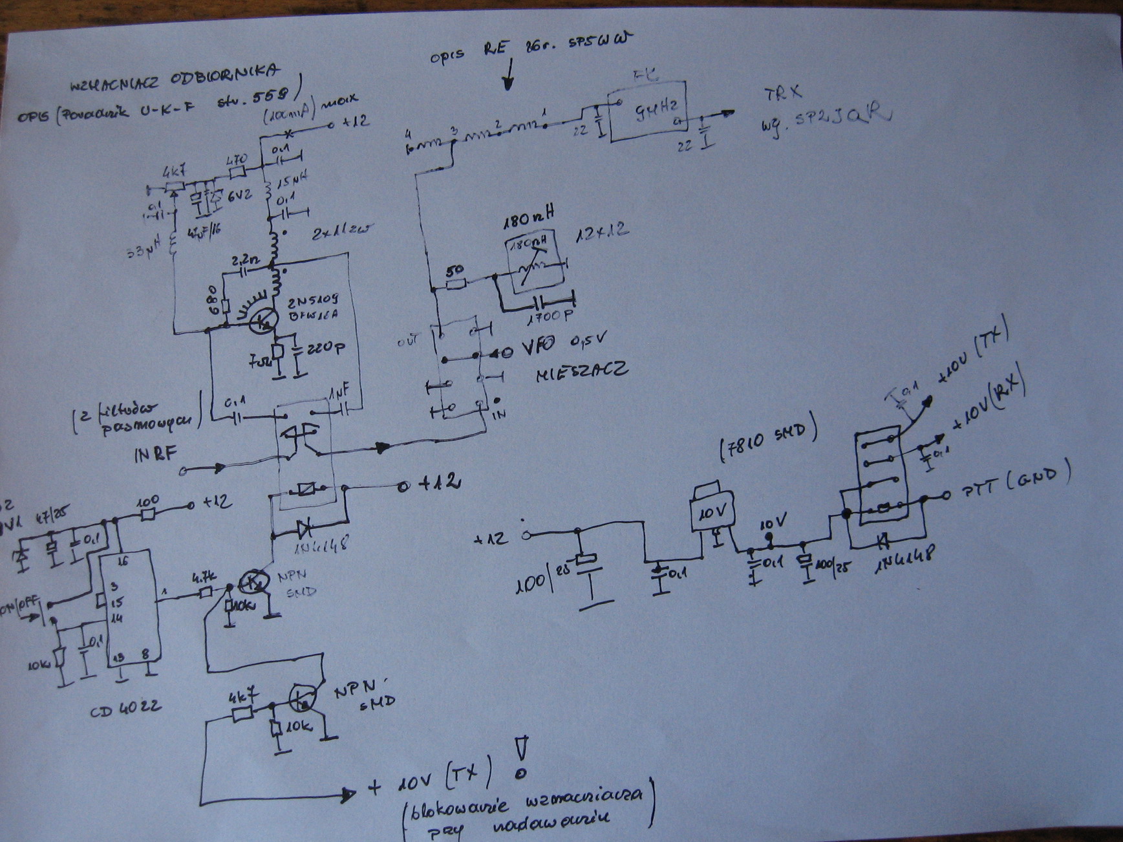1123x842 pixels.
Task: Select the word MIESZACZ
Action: [x=581, y=371]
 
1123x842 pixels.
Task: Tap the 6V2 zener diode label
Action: [x=239, y=196]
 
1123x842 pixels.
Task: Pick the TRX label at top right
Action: [x=784, y=94]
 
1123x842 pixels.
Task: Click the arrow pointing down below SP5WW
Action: [x=509, y=74]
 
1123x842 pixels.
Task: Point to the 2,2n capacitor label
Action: [x=246, y=260]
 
